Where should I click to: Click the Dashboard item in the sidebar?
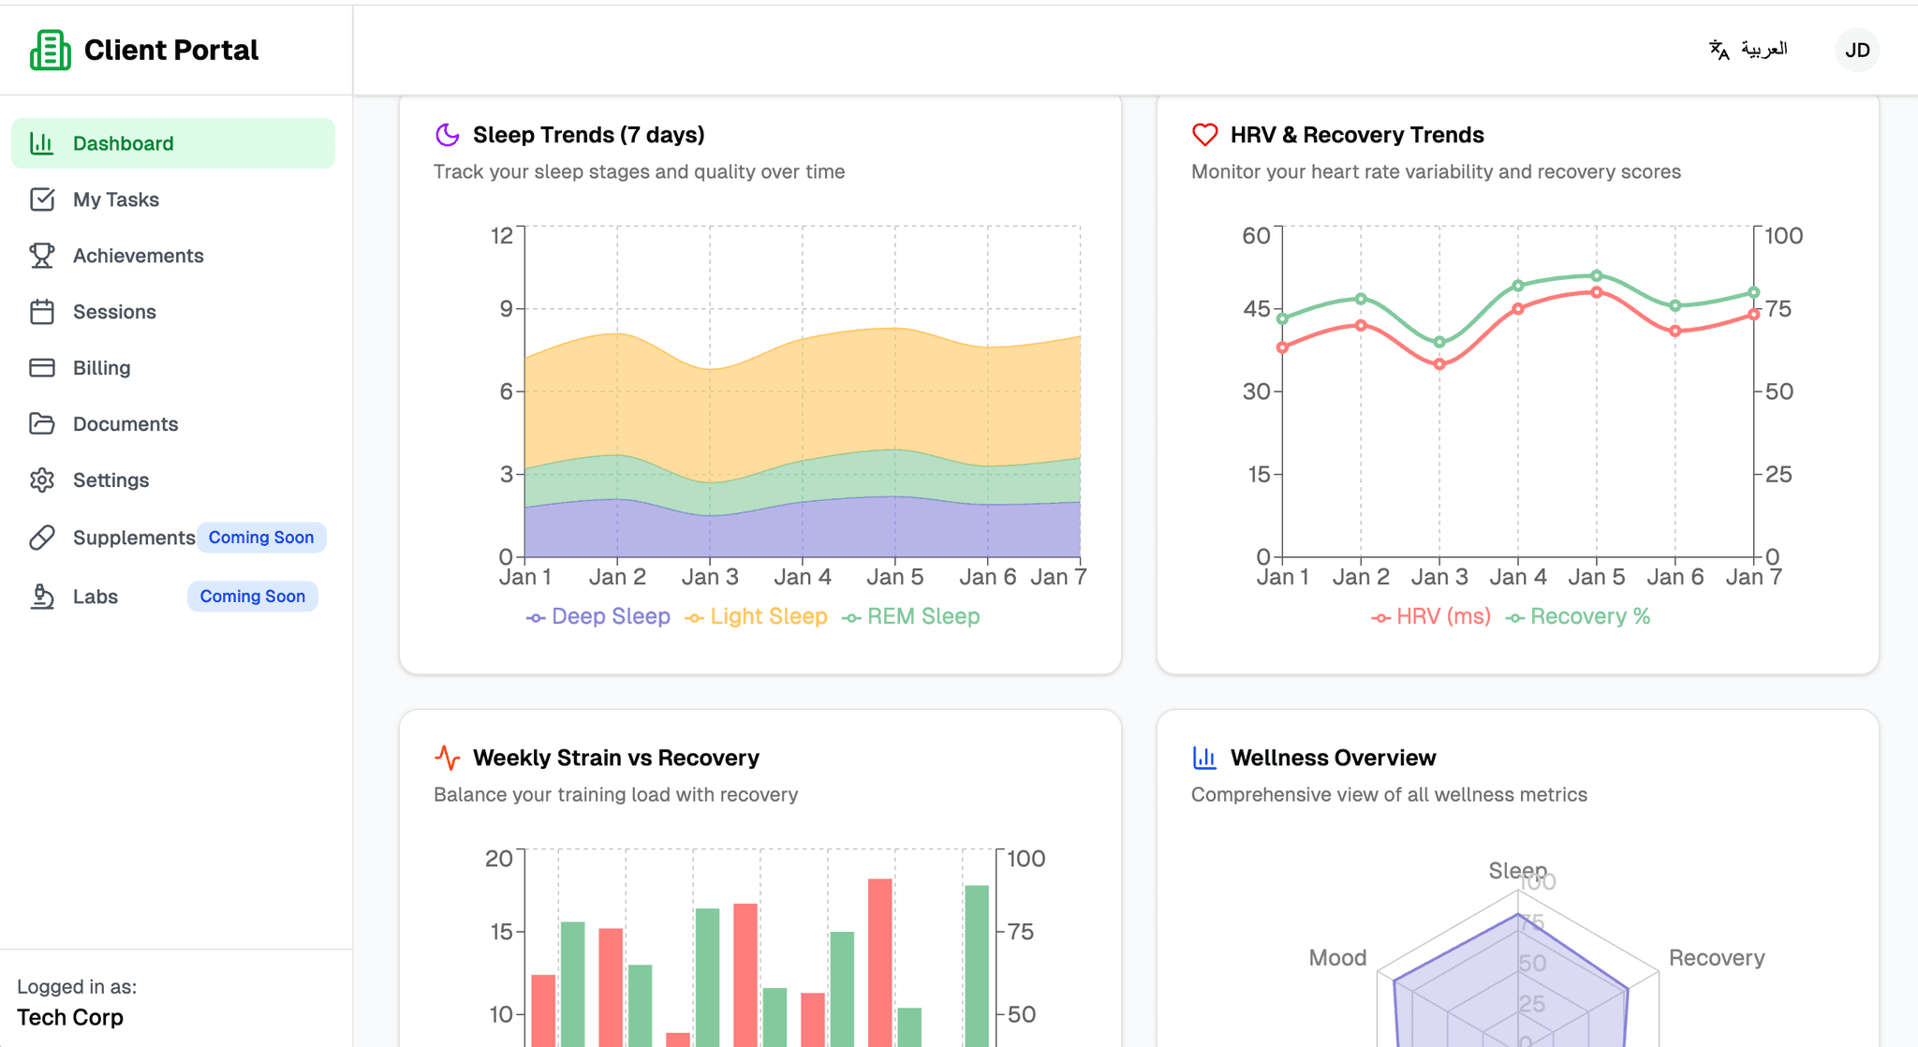point(123,143)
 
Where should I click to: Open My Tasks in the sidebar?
point(115,199)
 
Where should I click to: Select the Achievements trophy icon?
point(42,256)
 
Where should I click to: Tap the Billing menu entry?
point(101,368)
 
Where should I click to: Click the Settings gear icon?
point(42,480)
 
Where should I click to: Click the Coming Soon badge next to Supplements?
point(260,538)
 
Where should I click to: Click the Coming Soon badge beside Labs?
point(252,597)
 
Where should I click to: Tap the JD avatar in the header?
point(1856,50)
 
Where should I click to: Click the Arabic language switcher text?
point(1763,49)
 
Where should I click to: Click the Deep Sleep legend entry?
point(598,617)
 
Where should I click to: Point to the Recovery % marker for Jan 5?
point(1597,276)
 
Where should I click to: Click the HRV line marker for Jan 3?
point(1439,364)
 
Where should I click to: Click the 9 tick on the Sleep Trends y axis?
point(506,309)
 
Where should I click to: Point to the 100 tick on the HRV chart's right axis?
point(1783,236)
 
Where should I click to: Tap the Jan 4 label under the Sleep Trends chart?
point(802,577)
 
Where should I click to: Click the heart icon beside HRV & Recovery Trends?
point(1204,135)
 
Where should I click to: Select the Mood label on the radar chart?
point(1337,958)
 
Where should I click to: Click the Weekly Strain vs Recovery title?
point(615,758)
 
